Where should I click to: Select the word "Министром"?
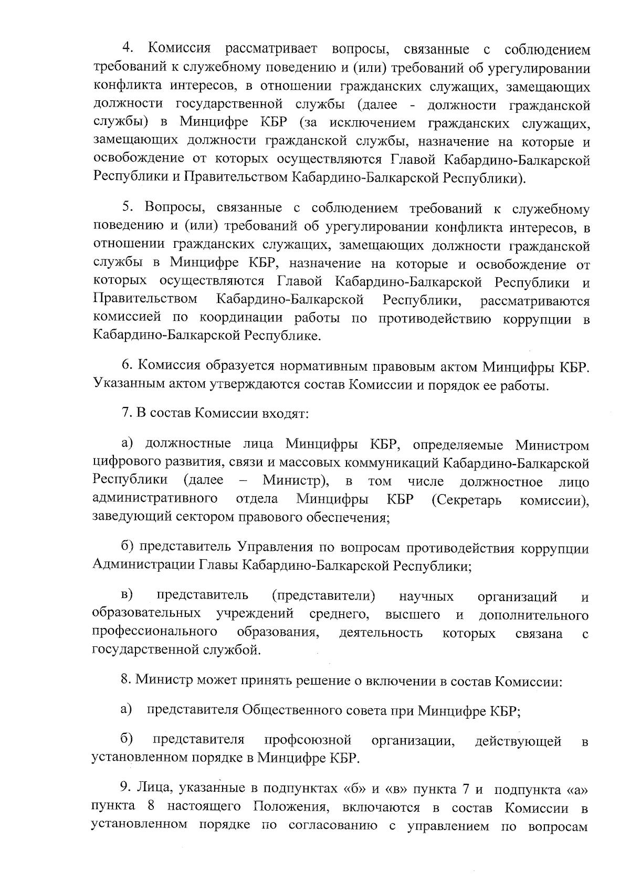pos(551,446)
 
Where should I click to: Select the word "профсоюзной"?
pos(307,740)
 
